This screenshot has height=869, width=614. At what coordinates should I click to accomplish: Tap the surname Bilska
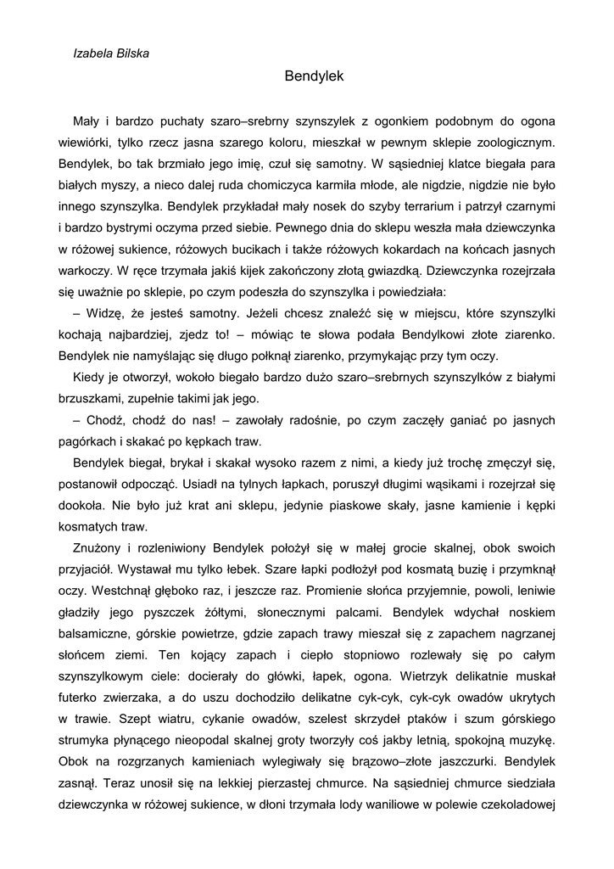tap(133, 53)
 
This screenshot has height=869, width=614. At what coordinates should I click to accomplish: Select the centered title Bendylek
tap(314, 76)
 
